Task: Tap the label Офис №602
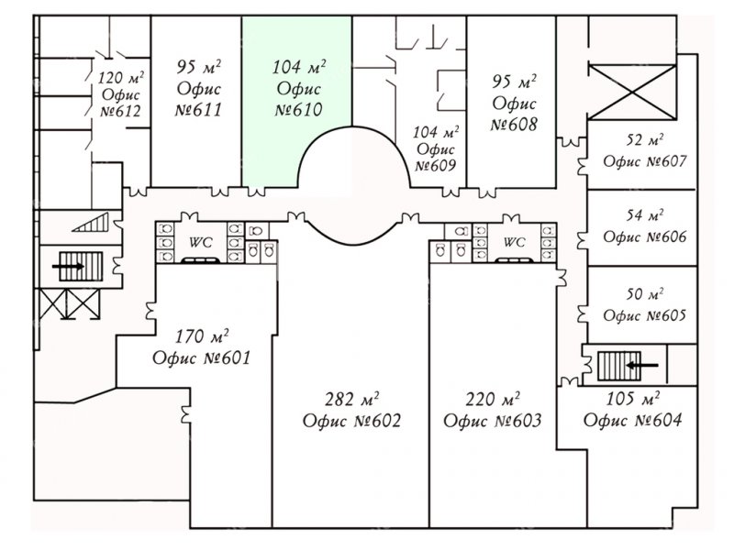351,421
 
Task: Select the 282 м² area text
352,399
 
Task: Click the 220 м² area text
493,399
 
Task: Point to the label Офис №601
202,358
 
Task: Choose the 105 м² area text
633,399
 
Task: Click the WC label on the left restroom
200,242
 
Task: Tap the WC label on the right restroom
514,242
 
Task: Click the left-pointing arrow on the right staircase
642,365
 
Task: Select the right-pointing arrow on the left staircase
68,267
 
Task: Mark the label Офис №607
645,161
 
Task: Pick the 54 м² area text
645,215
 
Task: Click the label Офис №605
645,315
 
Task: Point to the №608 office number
514,125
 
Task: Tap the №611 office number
198,110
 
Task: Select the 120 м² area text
121,77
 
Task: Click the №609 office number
435,166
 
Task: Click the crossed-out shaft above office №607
632,93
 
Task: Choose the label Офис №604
632,420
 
